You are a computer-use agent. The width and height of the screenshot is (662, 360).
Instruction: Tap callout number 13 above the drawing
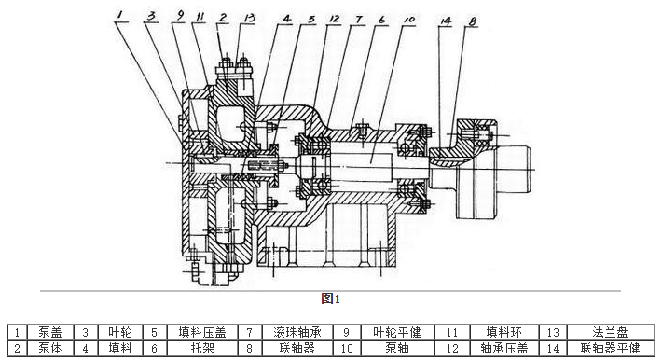coord(247,18)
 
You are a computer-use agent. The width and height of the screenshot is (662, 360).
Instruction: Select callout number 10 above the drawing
coord(408,18)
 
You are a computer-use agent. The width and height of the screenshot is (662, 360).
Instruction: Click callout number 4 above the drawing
coord(288,18)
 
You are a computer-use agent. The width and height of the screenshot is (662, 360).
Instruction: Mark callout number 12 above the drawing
coord(334,18)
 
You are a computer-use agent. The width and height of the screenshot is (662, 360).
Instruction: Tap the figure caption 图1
coord(331,298)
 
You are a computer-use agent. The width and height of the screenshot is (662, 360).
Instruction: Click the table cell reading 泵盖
coord(50,331)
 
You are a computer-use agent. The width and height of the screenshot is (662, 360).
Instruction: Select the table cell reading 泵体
coord(50,348)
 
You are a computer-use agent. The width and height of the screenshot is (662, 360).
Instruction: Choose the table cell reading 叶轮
coord(119,331)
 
